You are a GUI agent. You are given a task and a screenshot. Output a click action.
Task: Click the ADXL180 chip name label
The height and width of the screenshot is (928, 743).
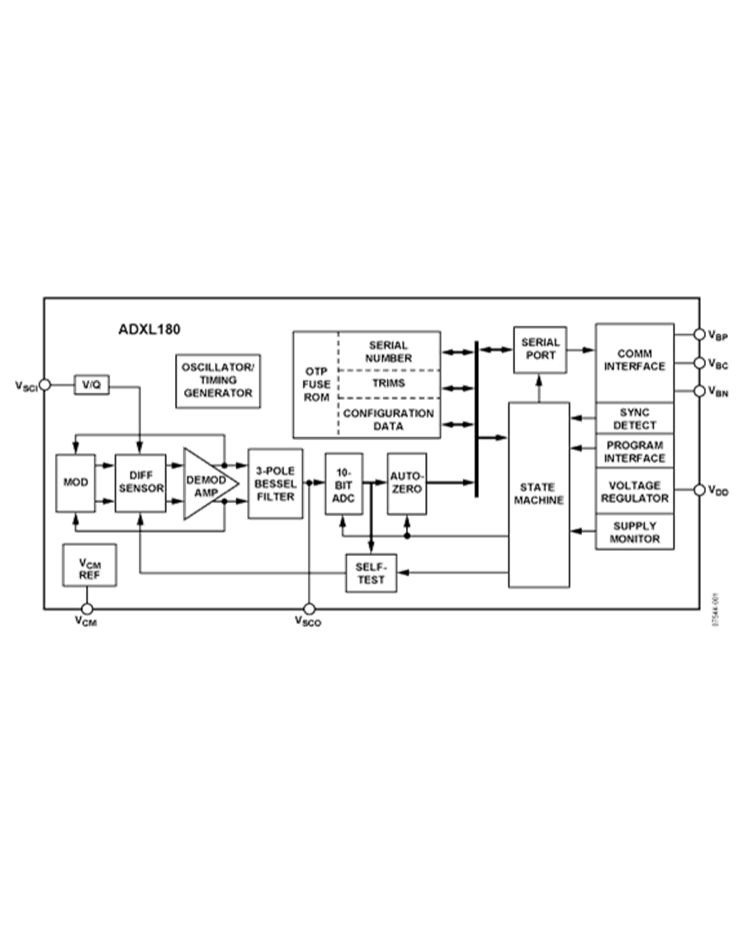pos(149,328)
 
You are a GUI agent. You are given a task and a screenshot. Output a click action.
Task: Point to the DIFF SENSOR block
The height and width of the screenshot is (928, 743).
pos(141,482)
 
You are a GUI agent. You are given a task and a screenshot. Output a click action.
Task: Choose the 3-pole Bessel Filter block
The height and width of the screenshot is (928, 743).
pos(276,483)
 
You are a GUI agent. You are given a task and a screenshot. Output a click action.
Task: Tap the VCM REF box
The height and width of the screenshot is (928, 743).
pos(89,565)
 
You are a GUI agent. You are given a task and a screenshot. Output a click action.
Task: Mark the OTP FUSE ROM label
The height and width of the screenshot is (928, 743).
pos(315,384)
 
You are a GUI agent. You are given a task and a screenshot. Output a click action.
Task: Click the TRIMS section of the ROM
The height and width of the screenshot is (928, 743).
pos(388,384)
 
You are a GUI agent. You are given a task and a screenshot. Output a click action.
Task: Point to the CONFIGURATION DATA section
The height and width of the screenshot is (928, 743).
pos(388,418)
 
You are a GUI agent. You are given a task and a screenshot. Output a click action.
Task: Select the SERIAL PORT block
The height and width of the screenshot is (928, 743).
pos(540,349)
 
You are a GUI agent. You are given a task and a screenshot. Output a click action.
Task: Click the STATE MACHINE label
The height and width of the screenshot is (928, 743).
pos(539,492)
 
